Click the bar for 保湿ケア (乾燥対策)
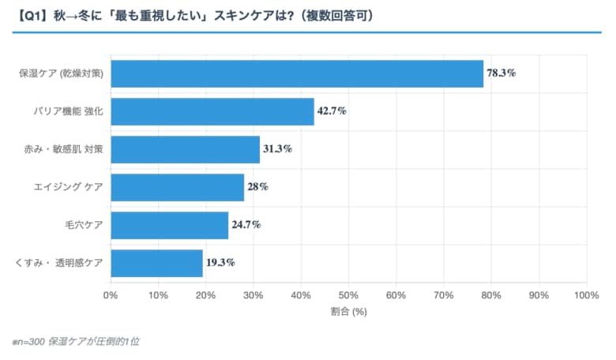[297, 73]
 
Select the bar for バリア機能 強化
[212, 111]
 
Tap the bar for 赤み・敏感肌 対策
[185, 149]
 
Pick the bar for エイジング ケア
[177, 187]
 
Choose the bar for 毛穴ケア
[169, 225]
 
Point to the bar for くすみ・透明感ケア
[156, 263]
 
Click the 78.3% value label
[501, 73]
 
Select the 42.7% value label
[332, 111]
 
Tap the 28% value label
[257, 187]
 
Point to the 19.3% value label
[220, 263]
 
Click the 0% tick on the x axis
[111, 294]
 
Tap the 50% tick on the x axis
[348, 294]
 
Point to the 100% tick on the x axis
[586, 294]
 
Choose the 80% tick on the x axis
[491, 294]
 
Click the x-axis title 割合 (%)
[348, 311]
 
